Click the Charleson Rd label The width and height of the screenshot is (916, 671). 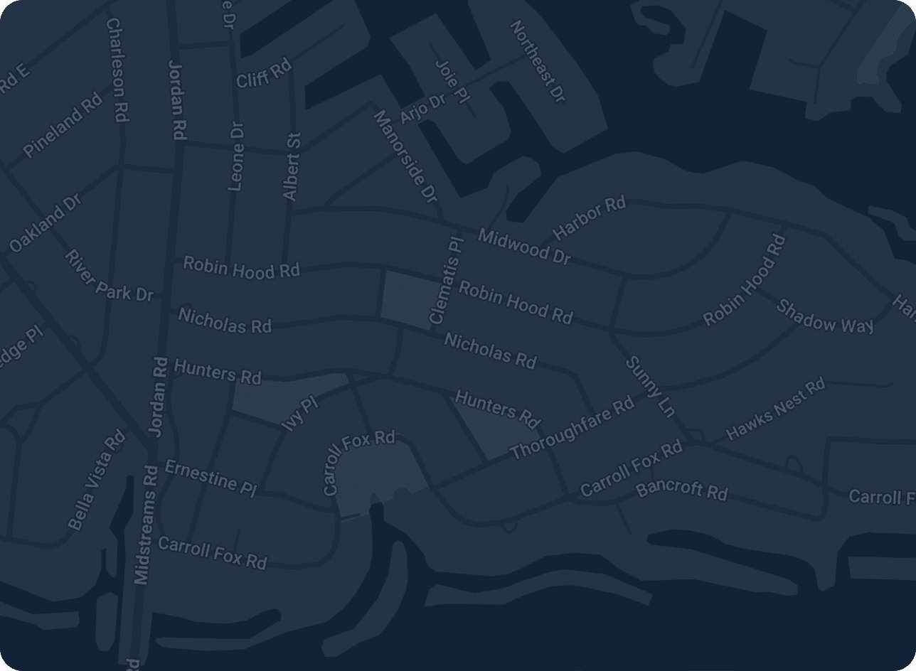(118, 70)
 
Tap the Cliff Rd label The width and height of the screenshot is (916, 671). (264, 74)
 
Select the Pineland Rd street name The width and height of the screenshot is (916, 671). (63, 127)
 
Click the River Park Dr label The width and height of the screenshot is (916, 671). (108, 276)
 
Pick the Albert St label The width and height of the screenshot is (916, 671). (292, 166)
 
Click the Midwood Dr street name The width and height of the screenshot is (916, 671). (524, 246)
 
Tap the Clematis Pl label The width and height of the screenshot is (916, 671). (447, 281)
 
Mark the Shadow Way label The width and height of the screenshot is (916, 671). (824, 316)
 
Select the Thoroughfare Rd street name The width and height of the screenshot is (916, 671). (571, 428)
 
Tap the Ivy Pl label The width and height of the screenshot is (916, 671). (299, 414)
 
